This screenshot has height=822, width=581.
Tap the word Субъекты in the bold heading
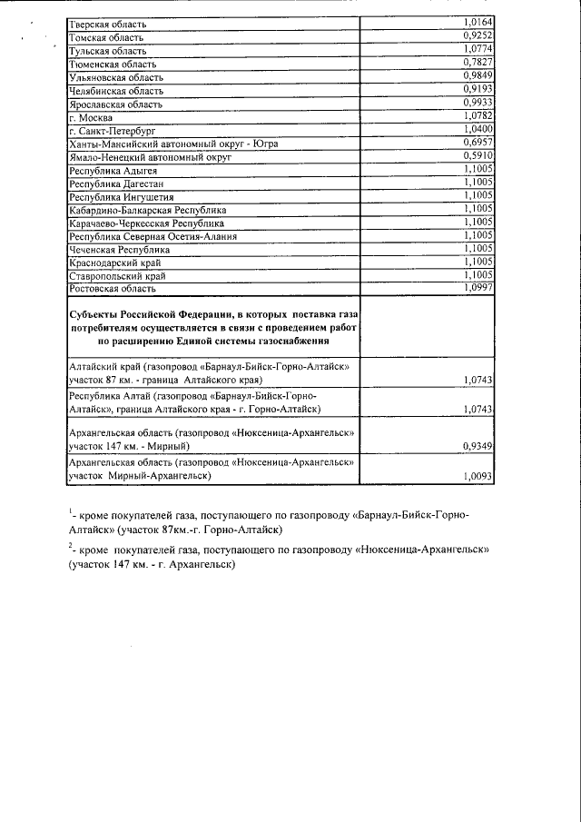coord(94,312)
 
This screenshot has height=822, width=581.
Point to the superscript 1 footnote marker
coord(71,511)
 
